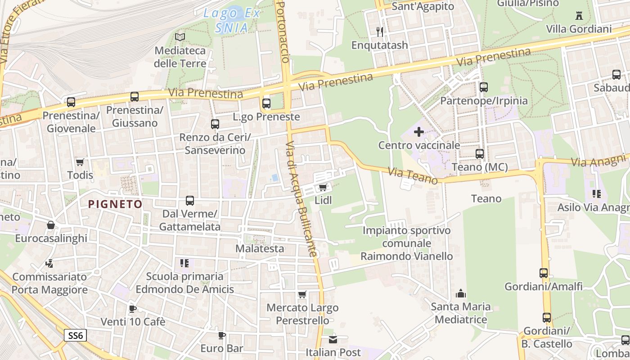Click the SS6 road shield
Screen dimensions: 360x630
point(75,335)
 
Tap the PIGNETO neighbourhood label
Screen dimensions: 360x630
point(115,204)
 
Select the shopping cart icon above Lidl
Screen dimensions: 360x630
point(323,187)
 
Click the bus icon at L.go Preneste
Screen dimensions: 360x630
point(266,103)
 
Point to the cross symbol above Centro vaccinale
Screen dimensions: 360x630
point(419,132)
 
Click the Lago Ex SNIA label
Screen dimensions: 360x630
point(232,20)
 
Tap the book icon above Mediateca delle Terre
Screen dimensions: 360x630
point(180,37)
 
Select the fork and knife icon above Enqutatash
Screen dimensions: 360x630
point(380,31)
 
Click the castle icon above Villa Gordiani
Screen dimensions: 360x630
point(579,16)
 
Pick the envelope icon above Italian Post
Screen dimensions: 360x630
point(333,339)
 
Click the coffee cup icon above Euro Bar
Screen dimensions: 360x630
point(222,335)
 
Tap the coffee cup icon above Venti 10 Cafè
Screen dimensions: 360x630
point(133,309)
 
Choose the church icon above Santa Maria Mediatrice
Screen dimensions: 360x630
point(460,293)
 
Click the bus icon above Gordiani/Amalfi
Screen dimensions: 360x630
point(544,273)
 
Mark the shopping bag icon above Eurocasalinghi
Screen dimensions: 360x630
point(51,225)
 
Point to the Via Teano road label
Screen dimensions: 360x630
point(413,175)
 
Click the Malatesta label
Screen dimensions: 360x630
point(260,248)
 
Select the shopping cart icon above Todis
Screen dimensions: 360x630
point(80,162)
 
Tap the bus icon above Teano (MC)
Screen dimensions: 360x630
point(480,154)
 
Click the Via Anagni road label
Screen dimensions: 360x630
point(600,160)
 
